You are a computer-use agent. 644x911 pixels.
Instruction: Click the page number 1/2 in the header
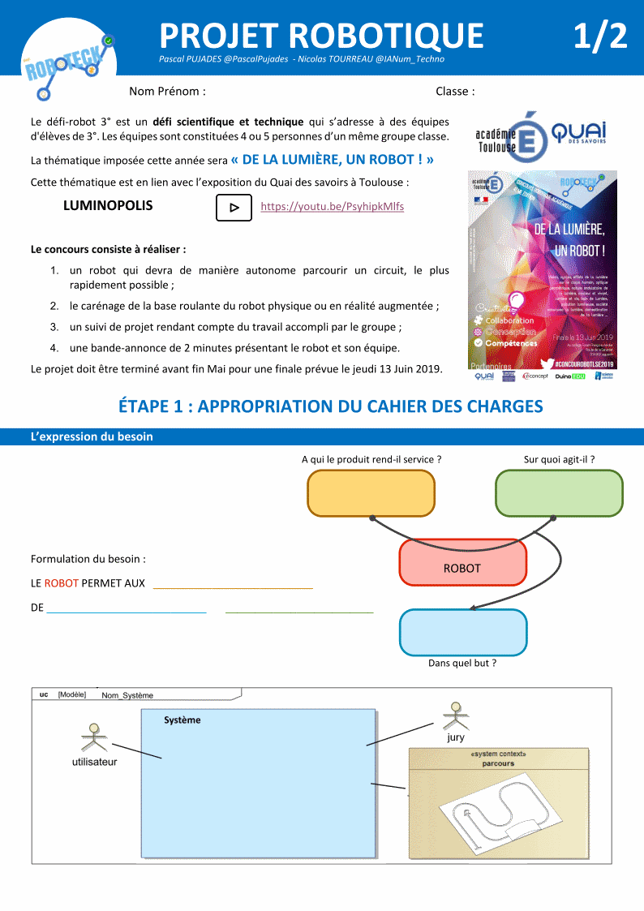(x=600, y=36)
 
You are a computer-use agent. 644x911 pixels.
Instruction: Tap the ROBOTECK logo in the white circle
(x=68, y=61)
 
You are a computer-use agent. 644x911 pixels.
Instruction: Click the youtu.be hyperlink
(x=332, y=207)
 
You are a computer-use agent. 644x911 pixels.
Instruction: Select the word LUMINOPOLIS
(x=108, y=206)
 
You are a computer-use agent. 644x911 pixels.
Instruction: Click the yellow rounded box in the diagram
(x=371, y=493)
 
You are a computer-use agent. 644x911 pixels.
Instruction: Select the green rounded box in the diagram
(x=559, y=493)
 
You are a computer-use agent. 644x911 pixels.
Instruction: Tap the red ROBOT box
(x=462, y=568)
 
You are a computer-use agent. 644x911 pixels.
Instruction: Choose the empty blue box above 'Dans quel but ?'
(x=462, y=633)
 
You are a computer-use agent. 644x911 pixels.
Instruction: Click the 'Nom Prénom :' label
(x=167, y=92)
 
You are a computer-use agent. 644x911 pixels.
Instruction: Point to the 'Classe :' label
(x=455, y=92)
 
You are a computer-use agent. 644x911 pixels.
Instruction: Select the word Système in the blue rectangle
(x=182, y=720)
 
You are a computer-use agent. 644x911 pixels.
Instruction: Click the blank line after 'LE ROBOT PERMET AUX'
(x=233, y=583)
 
